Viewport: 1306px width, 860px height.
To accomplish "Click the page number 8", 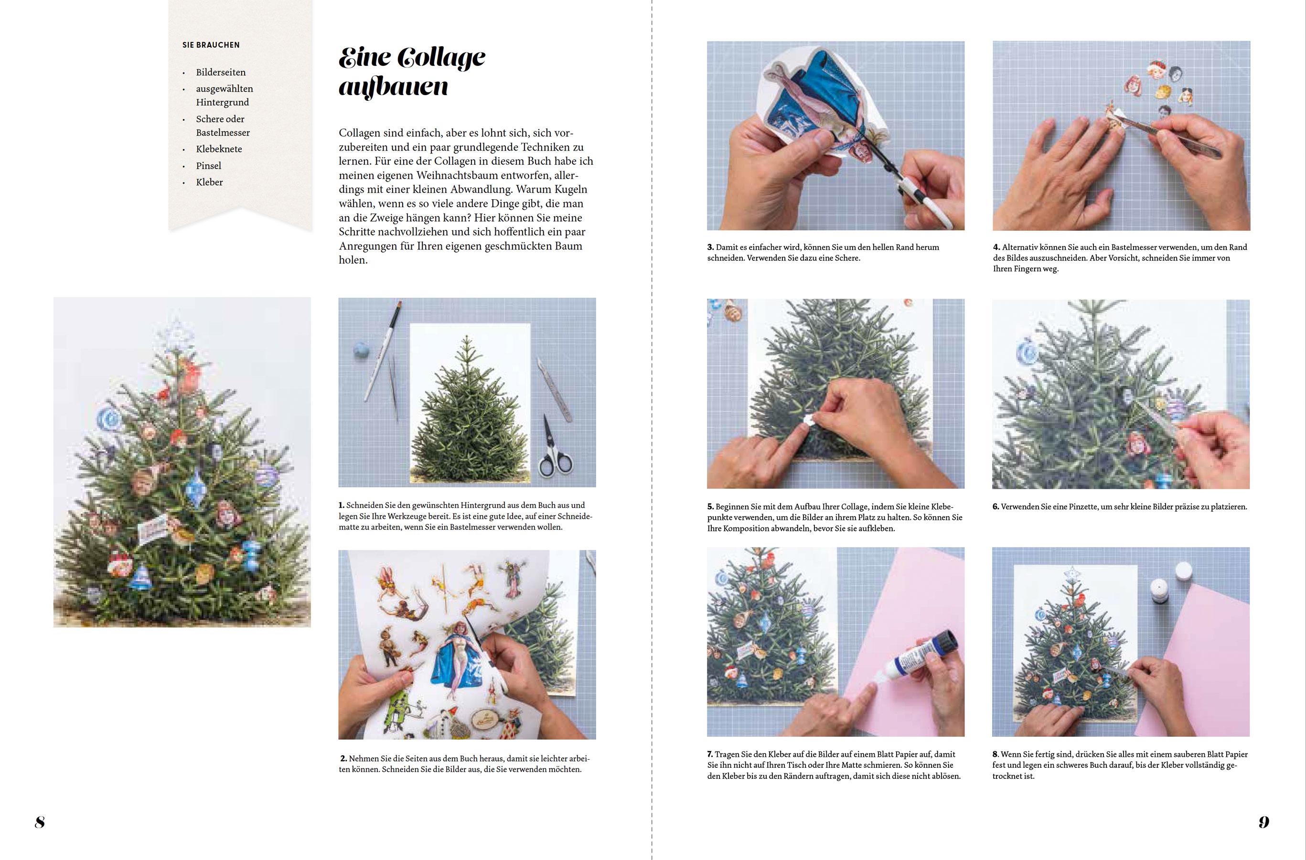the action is click(x=40, y=822).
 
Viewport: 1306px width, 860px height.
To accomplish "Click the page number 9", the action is click(x=1264, y=822).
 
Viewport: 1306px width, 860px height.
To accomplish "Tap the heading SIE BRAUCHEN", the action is click(x=211, y=45).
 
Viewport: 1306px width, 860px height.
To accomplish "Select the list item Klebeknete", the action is click(x=219, y=149).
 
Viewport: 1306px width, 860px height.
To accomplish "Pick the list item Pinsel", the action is click(x=209, y=166).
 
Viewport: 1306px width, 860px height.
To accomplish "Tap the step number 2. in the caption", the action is click(x=343, y=758).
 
